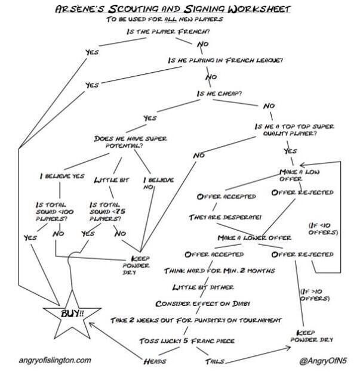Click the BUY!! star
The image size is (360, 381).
tap(72, 314)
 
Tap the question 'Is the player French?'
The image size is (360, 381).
tap(168, 32)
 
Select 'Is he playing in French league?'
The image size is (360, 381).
tap(226, 60)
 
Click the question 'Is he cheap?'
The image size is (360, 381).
tap(220, 94)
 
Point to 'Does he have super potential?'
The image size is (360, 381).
tap(131, 142)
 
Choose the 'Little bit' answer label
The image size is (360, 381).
tap(112, 180)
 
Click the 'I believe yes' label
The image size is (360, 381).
tap(62, 176)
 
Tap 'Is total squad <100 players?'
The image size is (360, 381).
tap(54, 212)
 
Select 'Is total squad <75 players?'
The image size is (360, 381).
tap(107, 212)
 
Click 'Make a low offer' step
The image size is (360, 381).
tap(299, 175)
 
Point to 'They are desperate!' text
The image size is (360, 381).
tap(225, 217)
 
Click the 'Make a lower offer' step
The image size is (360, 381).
tap(254, 238)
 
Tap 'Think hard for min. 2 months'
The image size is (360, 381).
tap(220, 271)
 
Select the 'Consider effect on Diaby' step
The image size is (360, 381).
tap(203, 303)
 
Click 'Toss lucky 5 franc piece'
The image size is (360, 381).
tap(187, 340)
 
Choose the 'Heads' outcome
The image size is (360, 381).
tap(155, 361)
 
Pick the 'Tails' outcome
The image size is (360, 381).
tap(215, 361)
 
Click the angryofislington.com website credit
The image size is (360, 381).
tap(55, 360)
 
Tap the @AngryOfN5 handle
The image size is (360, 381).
tap(323, 361)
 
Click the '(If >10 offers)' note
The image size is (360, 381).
tap(315, 295)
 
